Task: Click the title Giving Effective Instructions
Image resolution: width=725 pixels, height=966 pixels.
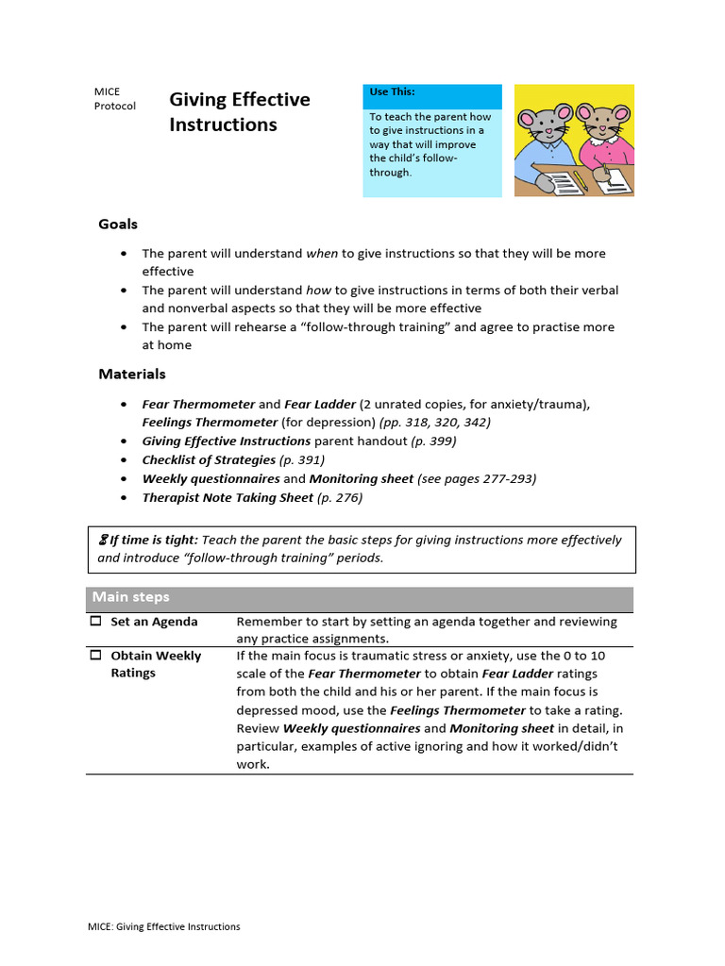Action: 239,111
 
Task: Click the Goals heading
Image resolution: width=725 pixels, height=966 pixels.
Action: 118,225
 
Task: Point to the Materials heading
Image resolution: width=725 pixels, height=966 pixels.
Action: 132,375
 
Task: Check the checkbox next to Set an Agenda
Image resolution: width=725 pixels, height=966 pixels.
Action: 95,622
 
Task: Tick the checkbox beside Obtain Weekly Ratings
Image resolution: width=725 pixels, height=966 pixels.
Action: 95,656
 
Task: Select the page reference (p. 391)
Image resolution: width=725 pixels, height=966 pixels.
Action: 302,460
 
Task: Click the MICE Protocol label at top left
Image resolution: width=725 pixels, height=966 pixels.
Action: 114,99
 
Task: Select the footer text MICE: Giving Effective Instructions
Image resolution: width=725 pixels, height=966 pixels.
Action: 165,926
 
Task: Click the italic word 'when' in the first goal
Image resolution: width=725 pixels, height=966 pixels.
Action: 322,254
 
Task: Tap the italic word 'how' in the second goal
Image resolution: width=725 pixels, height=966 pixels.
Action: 318,291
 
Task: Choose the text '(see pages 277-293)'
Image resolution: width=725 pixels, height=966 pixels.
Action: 477,479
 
